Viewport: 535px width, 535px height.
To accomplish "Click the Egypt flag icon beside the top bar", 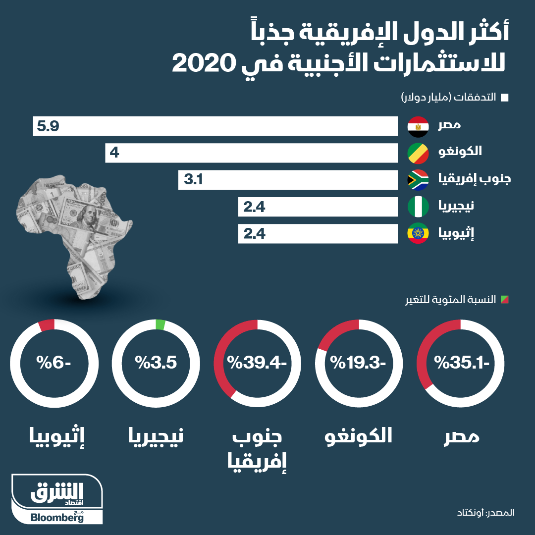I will point(418,127).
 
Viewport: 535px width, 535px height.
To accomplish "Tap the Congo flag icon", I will point(418,154).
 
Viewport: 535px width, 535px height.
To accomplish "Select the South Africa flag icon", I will point(418,180).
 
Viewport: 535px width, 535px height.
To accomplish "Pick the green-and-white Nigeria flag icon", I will point(418,207).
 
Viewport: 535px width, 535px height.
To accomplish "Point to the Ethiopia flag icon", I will point(418,234).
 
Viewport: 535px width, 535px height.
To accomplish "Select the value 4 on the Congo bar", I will point(114,154).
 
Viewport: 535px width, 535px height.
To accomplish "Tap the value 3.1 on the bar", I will point(194,180).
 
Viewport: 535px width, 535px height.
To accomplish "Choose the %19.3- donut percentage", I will point(359,363).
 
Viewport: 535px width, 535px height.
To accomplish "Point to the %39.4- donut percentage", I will point(257,363).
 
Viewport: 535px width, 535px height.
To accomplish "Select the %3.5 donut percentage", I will point(156,363).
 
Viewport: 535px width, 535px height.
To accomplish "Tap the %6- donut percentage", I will point(53,363).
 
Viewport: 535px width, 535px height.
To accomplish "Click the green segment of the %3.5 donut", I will point(160,324).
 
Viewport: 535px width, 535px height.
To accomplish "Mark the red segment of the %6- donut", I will point(46,325).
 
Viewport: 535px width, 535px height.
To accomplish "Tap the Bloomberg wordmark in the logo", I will point(57,518).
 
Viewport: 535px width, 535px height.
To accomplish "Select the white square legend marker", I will point(505,98).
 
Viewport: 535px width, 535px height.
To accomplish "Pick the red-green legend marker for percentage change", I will point(505,300).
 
